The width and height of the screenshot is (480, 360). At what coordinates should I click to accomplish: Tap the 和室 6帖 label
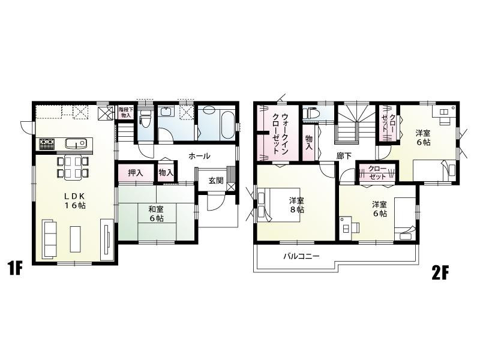(x=156, y=214)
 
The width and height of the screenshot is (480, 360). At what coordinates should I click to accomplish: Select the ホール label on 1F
(x=199, y=156)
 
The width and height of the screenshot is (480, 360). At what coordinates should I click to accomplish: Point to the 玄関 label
(x=217, y=180)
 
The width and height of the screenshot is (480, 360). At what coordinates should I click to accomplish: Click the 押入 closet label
(x=136, y=173)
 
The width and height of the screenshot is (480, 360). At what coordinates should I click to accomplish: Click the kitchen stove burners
(x=47, y=144)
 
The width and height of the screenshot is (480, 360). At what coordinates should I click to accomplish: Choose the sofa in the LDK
(x=50, y=235)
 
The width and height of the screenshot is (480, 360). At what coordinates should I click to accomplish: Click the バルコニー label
(x=301, y=256)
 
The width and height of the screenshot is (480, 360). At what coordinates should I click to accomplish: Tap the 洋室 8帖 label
(x=296, y=205)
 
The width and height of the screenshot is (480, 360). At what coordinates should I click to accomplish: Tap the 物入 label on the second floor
(x=309, y=142)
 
